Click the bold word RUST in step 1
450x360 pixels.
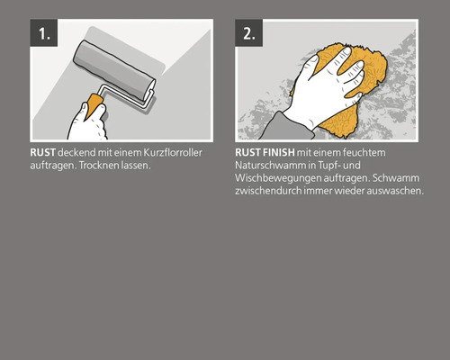(41, 154)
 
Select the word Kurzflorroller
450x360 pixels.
(169, 154)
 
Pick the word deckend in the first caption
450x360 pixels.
(77, 154)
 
